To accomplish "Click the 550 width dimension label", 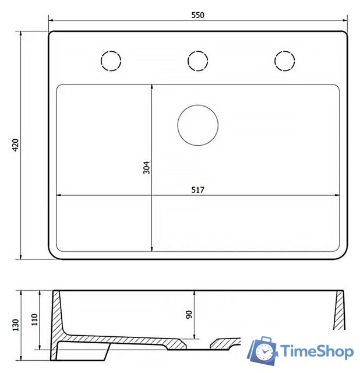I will coord(198,15).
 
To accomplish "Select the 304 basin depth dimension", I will coord(147,168).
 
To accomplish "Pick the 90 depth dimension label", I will coord(188,315).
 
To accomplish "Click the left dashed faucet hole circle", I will coord(111,60).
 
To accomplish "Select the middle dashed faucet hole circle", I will coord(197,60).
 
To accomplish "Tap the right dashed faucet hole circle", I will coord(284,60).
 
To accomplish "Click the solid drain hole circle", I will coord(197,125).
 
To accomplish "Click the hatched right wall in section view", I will coord(340,309).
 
